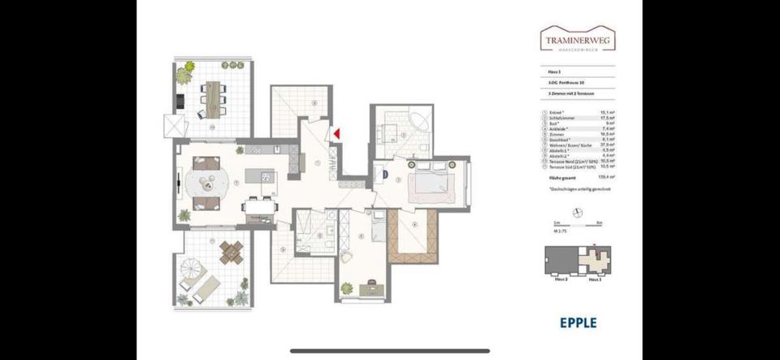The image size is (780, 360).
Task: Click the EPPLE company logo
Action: coord(578,322)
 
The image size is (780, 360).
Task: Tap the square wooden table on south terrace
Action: coord(233,254)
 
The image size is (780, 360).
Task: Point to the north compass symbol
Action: coord(575,213)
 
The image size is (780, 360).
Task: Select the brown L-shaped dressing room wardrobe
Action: coord(410,236)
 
